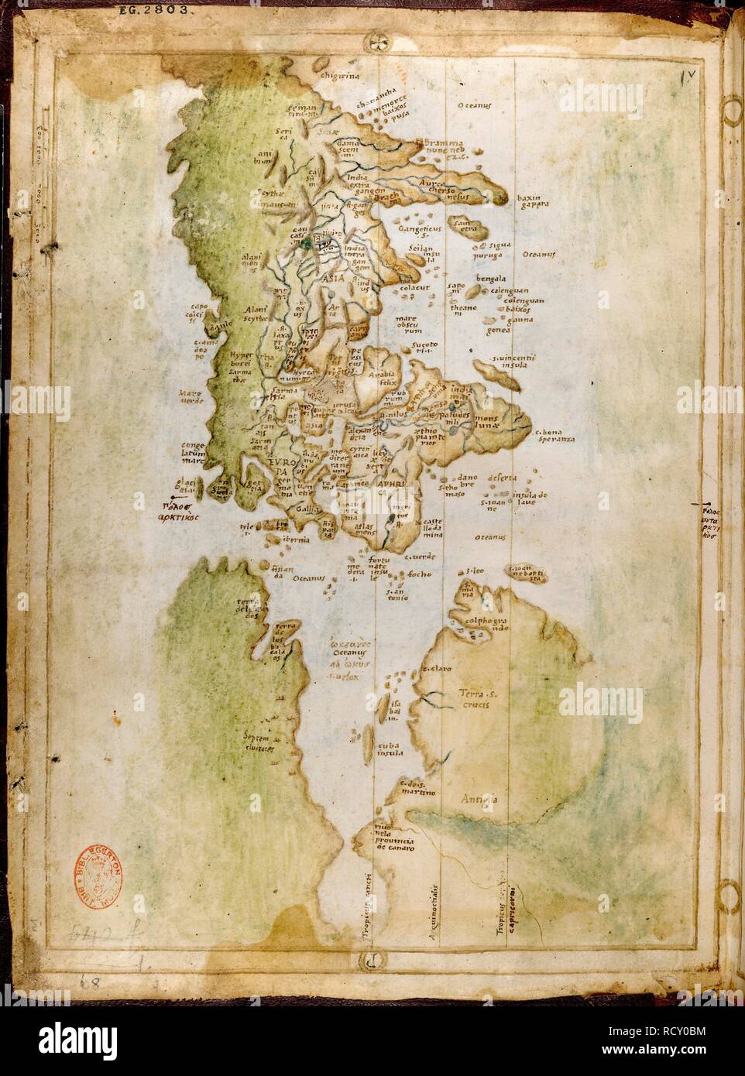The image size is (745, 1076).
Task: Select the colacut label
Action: click(x=414, y=289)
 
